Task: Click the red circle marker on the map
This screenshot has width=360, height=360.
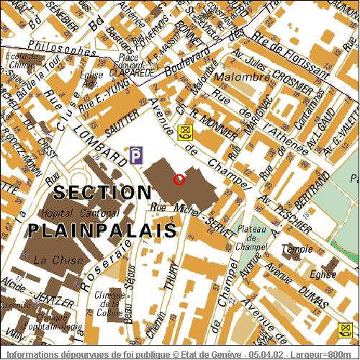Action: click(x=179, y=179)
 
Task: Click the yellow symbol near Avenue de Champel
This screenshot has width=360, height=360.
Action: click(x=186, y=132)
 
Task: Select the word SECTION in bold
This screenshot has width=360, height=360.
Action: click(x=104, y=193)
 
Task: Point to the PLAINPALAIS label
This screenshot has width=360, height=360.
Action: click(x=102, y=230)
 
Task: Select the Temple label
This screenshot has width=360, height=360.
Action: click(x=292, y=249)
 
